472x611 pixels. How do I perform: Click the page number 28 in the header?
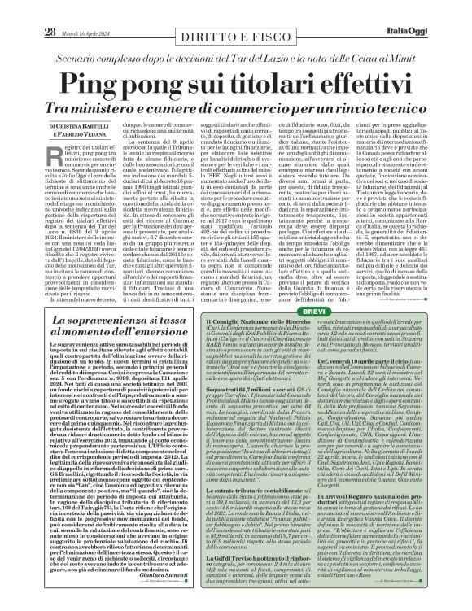(27, 9)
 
